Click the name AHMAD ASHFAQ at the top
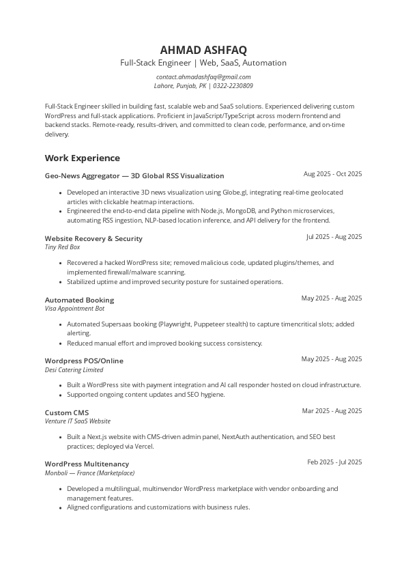coord(203,50)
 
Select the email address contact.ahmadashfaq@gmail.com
coord(203,77)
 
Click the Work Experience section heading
coord(82,158)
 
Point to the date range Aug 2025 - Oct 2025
coord(332,174)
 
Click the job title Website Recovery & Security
coord(93,238)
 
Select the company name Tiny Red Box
coord(62,247)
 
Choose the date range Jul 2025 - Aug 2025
coord(334,237)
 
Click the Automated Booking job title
coord(79,300)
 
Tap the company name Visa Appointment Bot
coord(74,309)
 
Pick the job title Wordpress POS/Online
coord(84,361)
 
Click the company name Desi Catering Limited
coord(74,370)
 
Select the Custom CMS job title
coord(67,412)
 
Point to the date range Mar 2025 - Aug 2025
coord(332,411)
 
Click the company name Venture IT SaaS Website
coord(77,421)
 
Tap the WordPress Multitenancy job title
coord(87,464)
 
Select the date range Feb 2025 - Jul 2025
coord(334,462)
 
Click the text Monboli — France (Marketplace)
coord(89,473)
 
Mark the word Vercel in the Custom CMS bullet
coord(143,447)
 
